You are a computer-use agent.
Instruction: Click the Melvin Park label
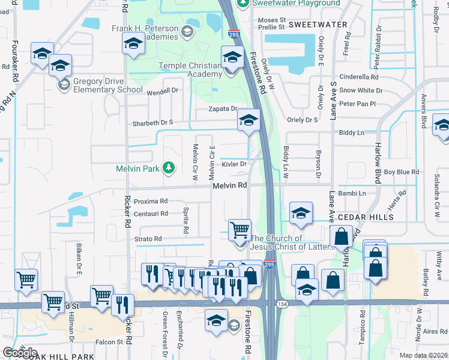[x=138, y=169]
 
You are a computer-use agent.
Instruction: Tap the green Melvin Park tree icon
[x=170, y=167]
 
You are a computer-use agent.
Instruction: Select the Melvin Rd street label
[x=230, y=186]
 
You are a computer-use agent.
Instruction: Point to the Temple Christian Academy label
[x=190, y=70]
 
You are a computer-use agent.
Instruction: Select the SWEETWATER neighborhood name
[x=318, y=25]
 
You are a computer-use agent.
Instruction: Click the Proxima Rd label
[x=151, y=202]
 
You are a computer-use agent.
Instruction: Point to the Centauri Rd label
[x=151, y=214]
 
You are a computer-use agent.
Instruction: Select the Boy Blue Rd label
[x=401, y=172]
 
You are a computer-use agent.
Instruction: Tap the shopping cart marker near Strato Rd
[x=240, y=229]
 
